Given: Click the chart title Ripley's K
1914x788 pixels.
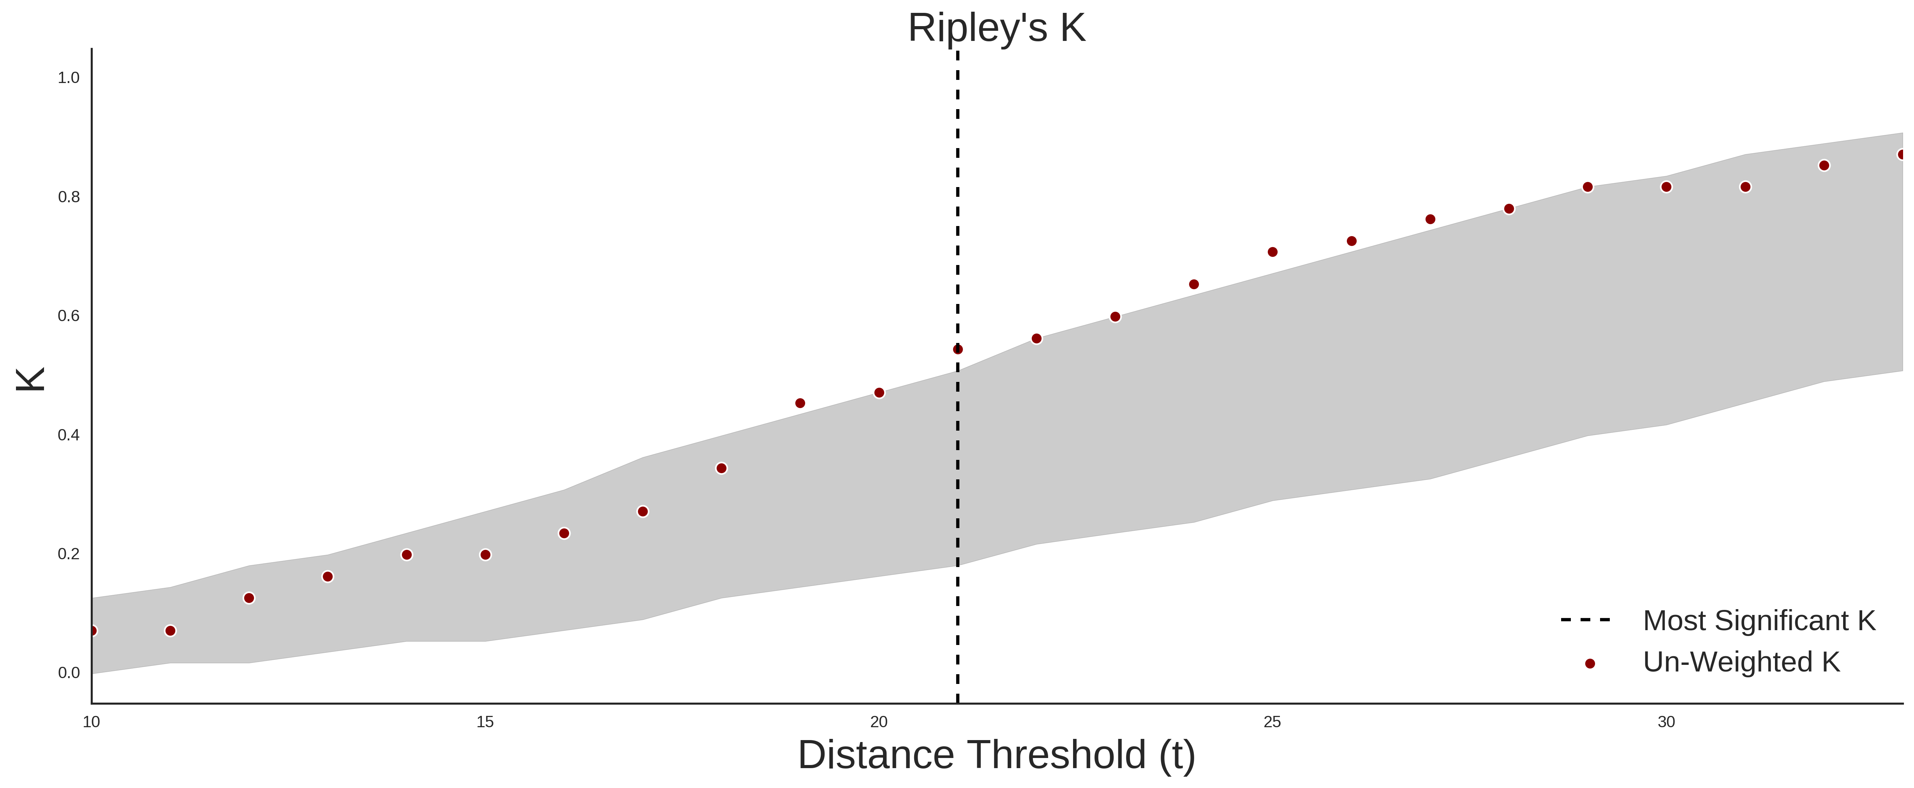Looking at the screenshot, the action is [996, 28].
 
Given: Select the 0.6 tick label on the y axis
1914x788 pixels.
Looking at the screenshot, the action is [69, 316].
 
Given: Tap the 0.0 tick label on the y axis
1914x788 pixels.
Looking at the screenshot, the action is [69, 673].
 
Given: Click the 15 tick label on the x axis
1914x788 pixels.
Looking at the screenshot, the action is [485, 722].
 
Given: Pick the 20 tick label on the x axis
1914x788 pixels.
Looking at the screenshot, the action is [879, 722].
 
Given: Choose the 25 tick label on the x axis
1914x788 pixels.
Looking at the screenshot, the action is [1273, 722].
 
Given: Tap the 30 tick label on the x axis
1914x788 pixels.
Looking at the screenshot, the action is [1667, 722].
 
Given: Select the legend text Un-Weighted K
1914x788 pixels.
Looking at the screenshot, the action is [1741, 662].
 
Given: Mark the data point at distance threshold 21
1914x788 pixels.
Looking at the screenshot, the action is [958, 350].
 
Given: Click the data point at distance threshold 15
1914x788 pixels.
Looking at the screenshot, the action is [485, 555].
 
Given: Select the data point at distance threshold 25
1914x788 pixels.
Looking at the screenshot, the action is [1273, 252].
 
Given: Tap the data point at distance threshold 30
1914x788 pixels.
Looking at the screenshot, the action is [1667, 187].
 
